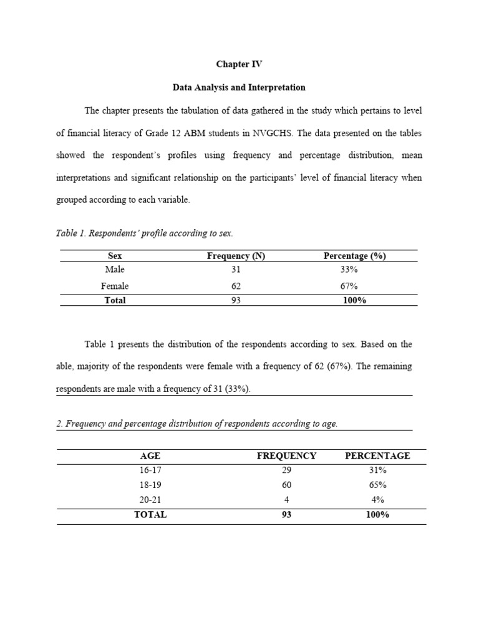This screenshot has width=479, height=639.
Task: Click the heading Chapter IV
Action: click(239, 64)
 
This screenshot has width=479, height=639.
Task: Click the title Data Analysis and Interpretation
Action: click(239, 87)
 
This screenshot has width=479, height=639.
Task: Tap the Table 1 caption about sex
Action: click(144, 233)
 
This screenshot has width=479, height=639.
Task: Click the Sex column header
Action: click(115, 256)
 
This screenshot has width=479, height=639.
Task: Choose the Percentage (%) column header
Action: click(354, 256)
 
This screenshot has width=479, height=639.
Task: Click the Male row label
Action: click(115, 270)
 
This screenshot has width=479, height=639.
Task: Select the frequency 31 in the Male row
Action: click(236, 270)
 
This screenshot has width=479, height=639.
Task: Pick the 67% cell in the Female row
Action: click(349, 286)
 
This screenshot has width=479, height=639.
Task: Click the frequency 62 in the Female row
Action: click(236, 286)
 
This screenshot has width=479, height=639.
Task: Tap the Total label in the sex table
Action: click(115, 300)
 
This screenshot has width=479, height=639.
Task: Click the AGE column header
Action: click(150, 456)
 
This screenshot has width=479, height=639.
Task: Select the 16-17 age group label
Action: click(150, 470)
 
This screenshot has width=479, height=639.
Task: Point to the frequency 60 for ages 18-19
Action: click(286, 485)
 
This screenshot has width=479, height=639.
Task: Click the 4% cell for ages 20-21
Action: click(377, 500)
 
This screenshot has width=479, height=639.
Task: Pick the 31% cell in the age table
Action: click(377, 470)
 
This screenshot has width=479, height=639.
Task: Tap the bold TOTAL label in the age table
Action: click(150, 515)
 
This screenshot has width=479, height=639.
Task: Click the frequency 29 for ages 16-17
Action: click(286, 470)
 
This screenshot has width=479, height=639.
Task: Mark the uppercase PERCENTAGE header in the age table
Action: click(377, 456)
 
